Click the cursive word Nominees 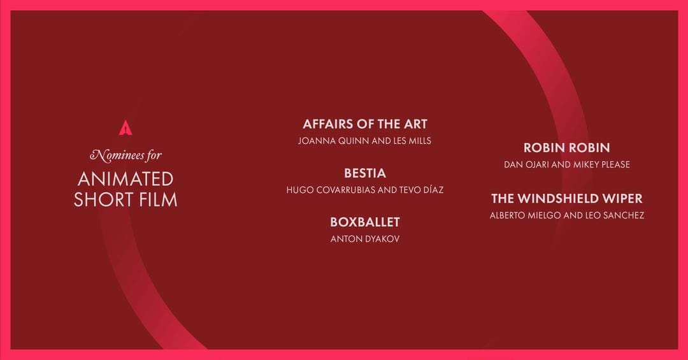117,155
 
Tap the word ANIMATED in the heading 126,178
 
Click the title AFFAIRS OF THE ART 364,124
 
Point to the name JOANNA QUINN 333,141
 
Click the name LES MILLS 410,141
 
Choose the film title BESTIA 364,173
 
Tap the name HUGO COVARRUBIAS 325,190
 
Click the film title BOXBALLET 364,222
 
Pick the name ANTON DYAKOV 364,239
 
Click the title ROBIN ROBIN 566,148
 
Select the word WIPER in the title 622,198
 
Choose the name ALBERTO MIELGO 526,215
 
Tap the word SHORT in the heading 103,199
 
